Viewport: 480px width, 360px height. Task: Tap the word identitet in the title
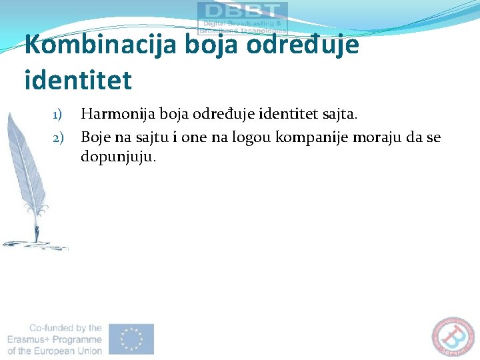[78, 80]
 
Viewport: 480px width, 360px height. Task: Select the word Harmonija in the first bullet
[113, 114]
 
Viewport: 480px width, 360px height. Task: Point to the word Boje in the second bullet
[95, 138]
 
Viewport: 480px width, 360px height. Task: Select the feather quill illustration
[27, 180]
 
